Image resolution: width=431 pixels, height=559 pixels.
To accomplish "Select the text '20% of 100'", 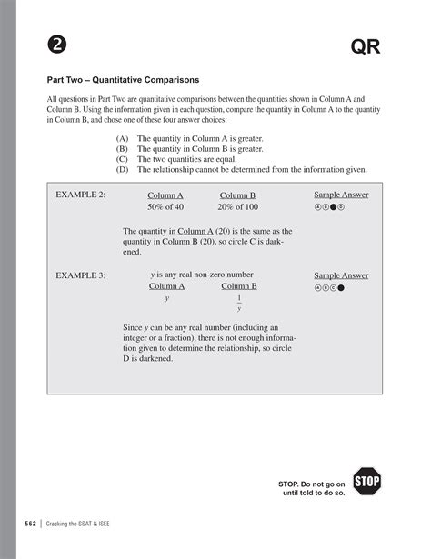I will tap(238, 208).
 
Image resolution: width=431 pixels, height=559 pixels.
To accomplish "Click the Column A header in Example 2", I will tap(165, 195).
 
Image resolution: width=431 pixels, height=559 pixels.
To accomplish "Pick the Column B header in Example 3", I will tap(239, 286).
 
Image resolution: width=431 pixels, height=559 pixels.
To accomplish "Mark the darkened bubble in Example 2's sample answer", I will tap(335, 207).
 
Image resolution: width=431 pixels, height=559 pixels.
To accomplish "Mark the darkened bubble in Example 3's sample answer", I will tap(342, 288).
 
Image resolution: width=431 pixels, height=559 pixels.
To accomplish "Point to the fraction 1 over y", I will tap(239, 303).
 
